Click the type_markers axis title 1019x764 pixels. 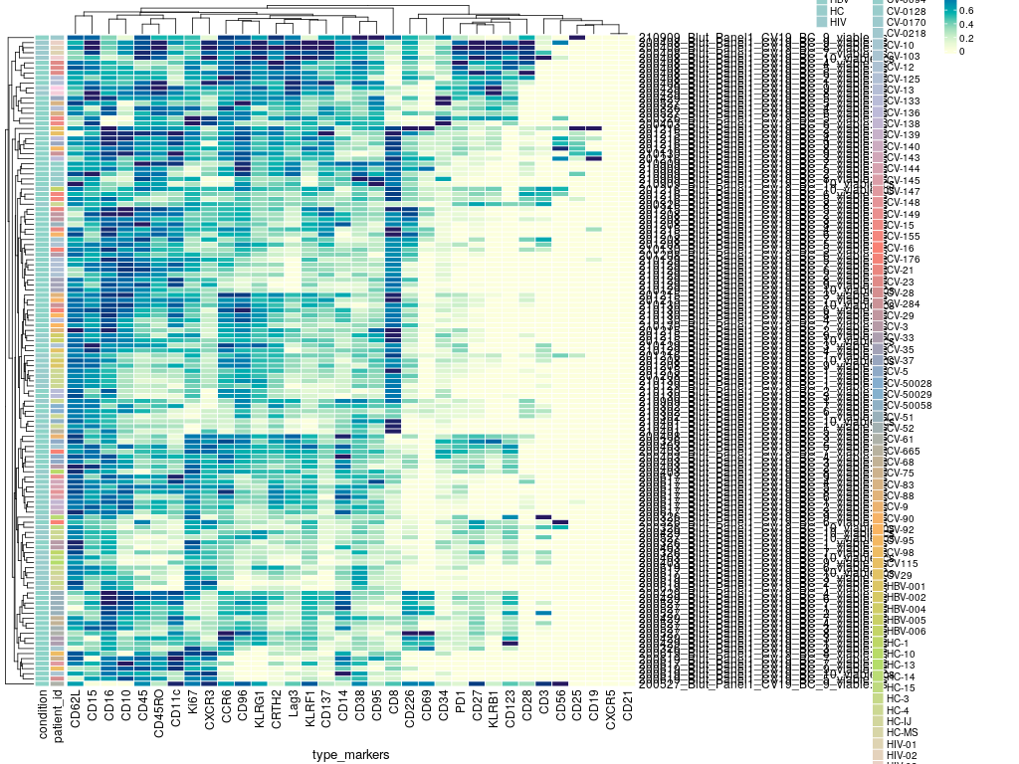click(x=349, y=756)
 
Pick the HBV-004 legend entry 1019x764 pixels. click(x=906, y=609)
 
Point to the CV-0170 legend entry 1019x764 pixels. click(x=907, y=22)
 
